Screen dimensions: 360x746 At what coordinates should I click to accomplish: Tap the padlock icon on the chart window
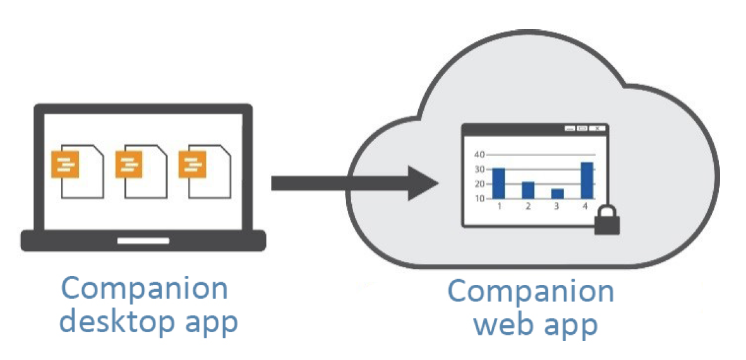pos(607,221)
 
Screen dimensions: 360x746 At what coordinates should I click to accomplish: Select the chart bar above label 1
pos(498,183)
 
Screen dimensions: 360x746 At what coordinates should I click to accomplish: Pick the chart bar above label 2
pos(528,189)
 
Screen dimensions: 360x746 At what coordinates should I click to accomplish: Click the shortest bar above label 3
pos(557,193)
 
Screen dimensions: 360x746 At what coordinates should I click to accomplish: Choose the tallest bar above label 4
pos(587,179)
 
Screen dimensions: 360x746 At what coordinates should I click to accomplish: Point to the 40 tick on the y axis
pos(479,154)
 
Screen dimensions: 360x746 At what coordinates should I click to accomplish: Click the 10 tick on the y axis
pos(479,198)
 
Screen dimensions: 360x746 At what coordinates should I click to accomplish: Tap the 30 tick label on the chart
pos(479,169)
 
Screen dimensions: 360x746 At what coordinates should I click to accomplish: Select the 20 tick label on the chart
pos(479,183)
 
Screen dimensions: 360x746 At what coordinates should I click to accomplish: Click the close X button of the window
pos(597,129)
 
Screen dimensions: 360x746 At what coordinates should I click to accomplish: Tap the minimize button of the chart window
pos(570,129)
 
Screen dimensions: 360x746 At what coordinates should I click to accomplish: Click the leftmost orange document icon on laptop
pos(66,164)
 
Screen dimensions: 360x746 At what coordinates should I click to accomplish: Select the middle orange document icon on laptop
pos(129,164)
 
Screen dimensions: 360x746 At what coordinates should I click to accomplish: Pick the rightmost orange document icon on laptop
pos(191,164)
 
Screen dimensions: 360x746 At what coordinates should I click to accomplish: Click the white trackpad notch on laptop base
pos(143,241)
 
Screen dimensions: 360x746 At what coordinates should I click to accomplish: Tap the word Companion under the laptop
pos(145,289)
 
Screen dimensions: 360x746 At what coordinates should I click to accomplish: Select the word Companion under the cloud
pos(531,291)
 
